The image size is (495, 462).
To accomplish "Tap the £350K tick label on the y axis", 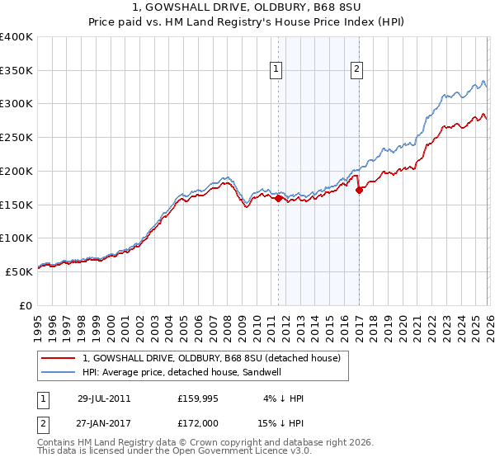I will (16, 70).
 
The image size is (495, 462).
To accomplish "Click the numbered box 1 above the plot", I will (275, 70).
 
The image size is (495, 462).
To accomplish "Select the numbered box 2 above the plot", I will (356, 70).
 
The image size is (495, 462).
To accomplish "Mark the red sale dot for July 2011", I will (279, 198).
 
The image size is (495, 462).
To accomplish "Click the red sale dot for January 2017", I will (359, 190).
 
